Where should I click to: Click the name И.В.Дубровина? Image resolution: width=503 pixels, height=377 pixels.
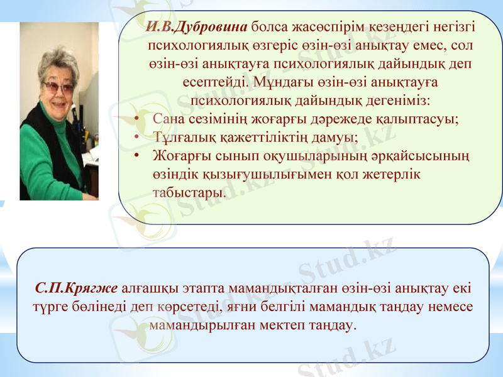coord(197,28)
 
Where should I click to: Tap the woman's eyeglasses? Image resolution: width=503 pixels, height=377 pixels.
coord(58,86)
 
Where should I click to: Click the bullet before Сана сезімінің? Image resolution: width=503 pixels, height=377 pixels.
coord(136,118)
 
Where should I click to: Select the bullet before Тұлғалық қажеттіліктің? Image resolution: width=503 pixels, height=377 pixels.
coord(136,136)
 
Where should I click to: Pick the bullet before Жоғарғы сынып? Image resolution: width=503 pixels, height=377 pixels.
coord(136,155)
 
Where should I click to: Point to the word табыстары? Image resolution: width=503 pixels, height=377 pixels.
coord(189,191)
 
